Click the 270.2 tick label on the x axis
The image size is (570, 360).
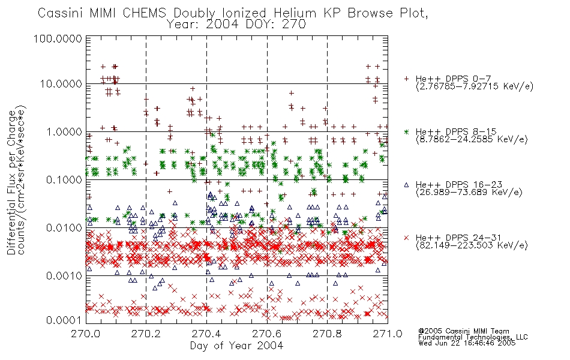click(146, 334)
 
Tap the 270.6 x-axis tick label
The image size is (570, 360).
click(267, 334)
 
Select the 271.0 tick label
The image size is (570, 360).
click(388, 334)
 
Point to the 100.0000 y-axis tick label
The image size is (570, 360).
click(58, 38)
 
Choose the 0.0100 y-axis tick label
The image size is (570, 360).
click(64, 228)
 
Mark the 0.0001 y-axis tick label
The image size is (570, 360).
click(64, 320)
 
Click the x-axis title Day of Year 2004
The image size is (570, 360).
click(236, 346)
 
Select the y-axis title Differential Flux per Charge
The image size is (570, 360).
click(11, 182)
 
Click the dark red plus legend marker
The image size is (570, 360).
click(406, 79)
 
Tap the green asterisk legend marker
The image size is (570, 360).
click(406, 132)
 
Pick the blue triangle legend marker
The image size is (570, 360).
click(406, 185)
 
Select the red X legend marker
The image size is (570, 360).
click(406, 238)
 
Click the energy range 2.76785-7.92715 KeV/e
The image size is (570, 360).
click(475, 86)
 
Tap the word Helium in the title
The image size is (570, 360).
click(295, 13)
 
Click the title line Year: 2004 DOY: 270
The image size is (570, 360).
click(236, 25)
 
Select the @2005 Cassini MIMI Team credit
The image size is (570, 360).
click(464, 331)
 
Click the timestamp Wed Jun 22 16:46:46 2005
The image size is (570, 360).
click(467, 343)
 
